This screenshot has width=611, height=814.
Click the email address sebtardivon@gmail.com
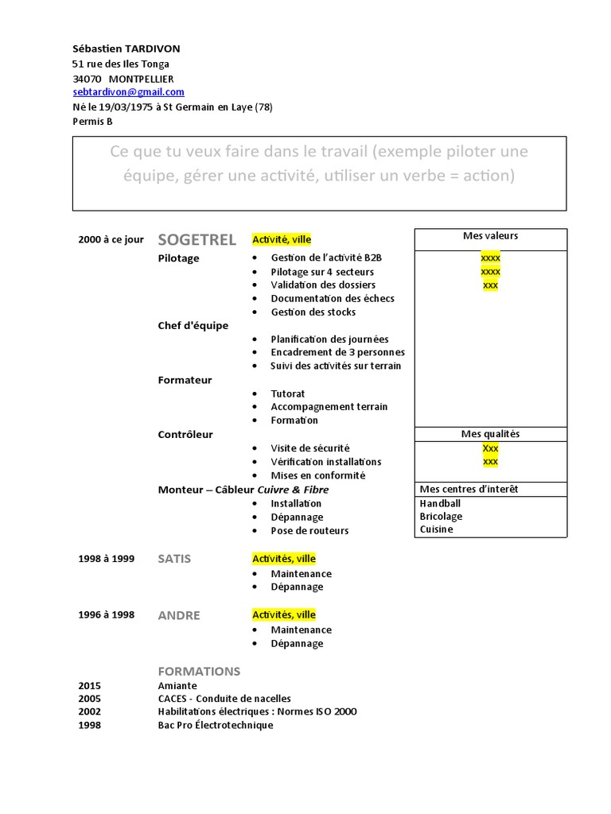pos(127,93)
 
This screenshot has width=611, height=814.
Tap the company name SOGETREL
pos(197,239)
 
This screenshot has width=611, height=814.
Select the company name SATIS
pos(175,559)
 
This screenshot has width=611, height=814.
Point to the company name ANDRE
pos(179,615)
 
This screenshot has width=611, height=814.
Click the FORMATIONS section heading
pos(199,671)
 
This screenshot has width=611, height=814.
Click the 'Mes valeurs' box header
pos(490,236)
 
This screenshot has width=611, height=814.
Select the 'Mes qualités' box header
pos(490,434)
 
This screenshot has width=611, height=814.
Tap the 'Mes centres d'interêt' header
pos(469,489)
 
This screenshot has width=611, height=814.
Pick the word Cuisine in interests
pos(436,529)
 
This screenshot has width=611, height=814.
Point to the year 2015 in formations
pos(90,685)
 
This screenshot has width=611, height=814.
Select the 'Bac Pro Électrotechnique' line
pos(216,725)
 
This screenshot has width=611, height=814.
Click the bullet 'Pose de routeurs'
pos(309,530)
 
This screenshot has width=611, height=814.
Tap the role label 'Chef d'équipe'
pos(193,325)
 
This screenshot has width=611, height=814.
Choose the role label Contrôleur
pos(185,434)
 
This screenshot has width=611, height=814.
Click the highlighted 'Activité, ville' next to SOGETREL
pos(282,239)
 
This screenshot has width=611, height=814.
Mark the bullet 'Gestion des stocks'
pos(313,312)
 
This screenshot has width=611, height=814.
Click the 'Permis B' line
pos(92,122)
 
